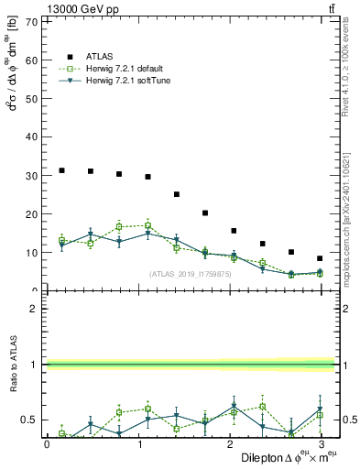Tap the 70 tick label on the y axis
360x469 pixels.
coord(31,21)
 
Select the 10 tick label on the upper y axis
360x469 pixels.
coord(31,252)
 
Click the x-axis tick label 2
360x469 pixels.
coord(230,444)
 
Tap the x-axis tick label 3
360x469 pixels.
coord(322,444)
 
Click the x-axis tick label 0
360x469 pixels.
coord(47,444)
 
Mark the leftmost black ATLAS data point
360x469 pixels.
coord(61,170)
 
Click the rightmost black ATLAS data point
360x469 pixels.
coord(320,258)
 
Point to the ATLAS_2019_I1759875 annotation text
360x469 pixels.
coord(190,274)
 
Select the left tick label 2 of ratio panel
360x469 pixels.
coord(35,309)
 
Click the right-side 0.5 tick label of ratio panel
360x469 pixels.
coord(350,420)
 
